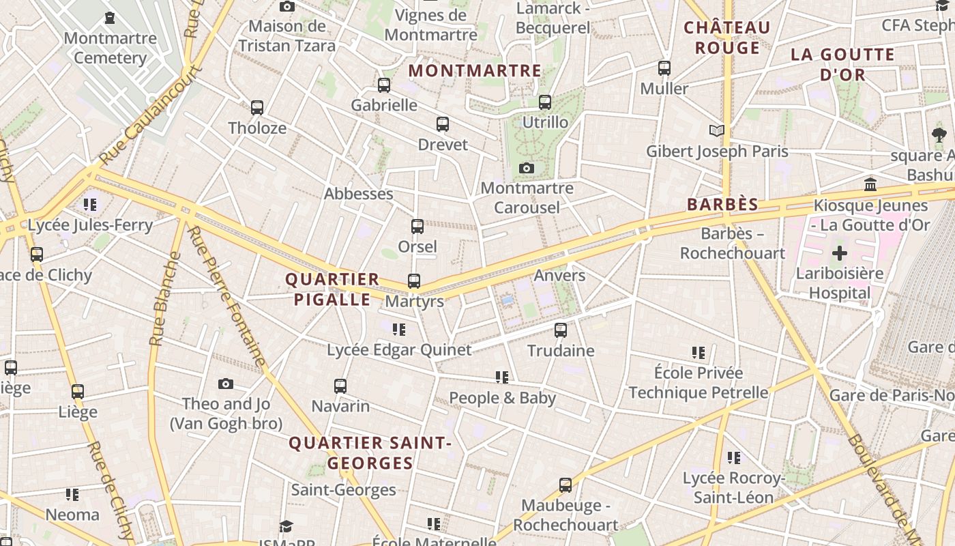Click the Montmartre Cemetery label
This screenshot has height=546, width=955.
coord(110,48)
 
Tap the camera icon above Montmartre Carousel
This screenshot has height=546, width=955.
coord(526,168)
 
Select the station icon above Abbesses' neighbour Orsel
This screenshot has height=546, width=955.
coord(417,227)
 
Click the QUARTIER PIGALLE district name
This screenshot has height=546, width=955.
coord(332,289)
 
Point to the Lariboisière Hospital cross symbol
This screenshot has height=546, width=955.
coord(839,253)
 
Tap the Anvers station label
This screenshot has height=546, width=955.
coord(559,275)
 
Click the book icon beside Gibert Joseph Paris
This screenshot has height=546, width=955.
coord(716,130)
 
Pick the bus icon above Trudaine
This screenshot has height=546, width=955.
coord(561,330)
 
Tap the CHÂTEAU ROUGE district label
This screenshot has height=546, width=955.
coord(727,38)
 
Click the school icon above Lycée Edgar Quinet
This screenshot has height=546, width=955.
coord(399,330)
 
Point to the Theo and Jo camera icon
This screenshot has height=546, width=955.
coord(226,384)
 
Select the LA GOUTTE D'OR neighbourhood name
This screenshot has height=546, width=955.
coord(842,64)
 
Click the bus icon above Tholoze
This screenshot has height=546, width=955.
coord(256,108)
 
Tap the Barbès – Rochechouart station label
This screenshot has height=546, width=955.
coord(733,244)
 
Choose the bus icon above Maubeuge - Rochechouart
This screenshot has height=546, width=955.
coord(565,485)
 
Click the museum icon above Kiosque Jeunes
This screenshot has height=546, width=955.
coord(870,184)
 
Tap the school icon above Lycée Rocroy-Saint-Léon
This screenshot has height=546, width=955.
coord(734,458)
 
